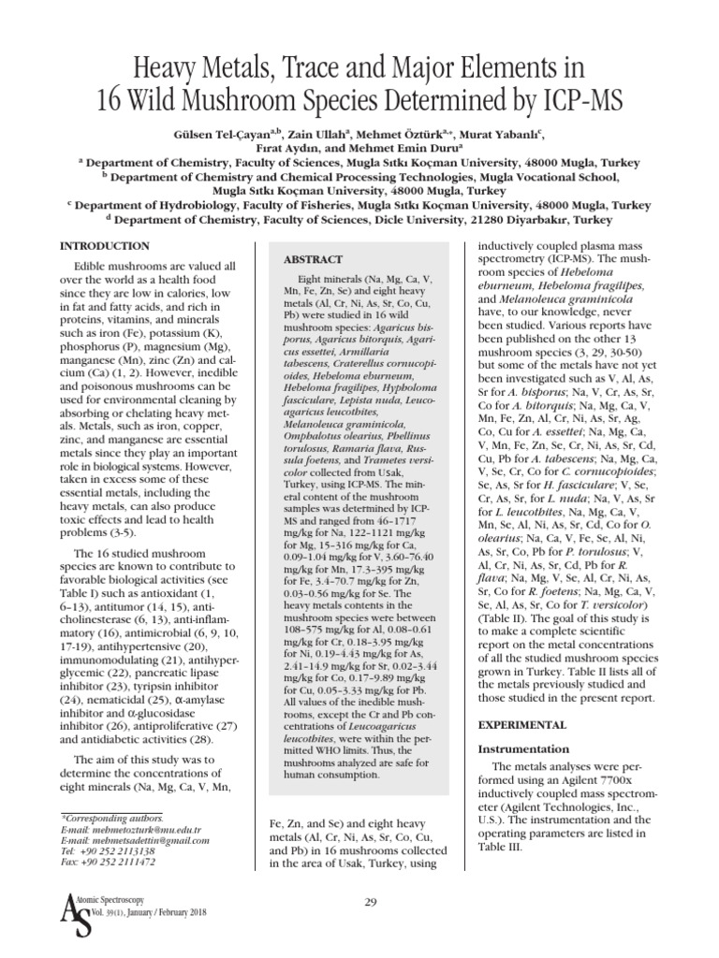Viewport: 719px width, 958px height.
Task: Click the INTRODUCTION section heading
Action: [104, 246]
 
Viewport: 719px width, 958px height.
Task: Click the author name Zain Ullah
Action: [326, 134]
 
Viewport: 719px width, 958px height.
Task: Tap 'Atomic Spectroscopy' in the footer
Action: [126, 901]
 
